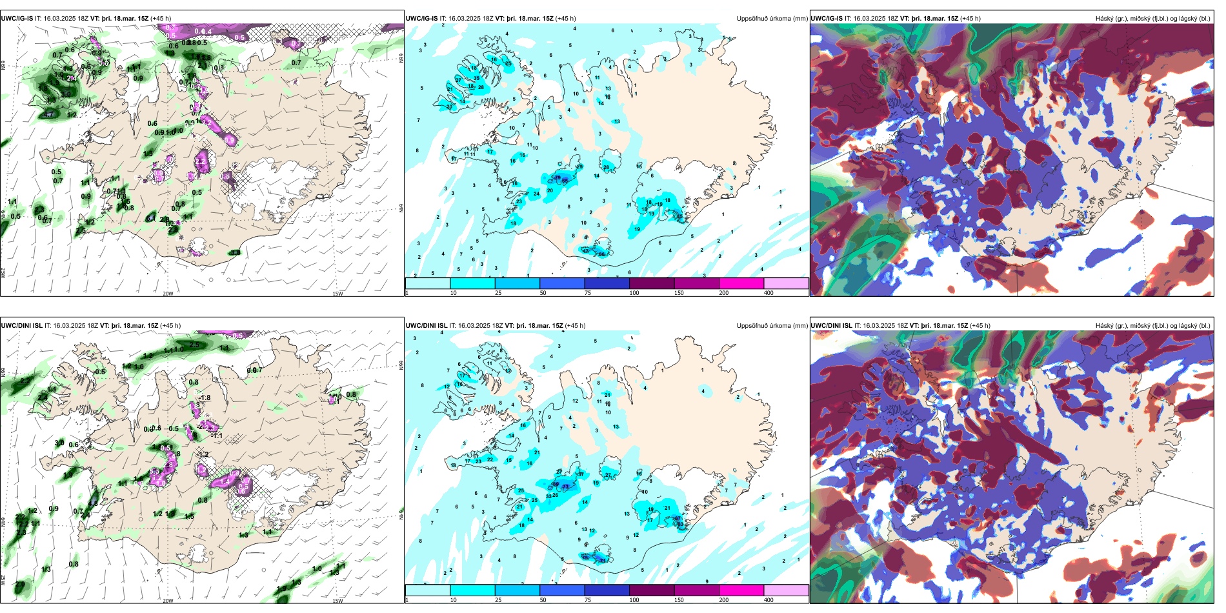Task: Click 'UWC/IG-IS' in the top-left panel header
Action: click(17, 19)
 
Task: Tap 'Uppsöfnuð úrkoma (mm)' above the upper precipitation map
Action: click(772, 19)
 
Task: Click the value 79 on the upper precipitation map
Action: click(558, 177)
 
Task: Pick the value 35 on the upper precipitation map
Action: click(476, 78)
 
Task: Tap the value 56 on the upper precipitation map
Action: click(601, 254)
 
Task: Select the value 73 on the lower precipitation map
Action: click(566, 487)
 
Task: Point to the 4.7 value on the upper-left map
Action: click(48, 115)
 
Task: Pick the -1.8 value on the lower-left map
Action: click(205, 398)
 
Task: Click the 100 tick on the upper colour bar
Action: click(634, 293)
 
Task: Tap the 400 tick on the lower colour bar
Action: click(769, 600)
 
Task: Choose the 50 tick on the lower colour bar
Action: click(543, 600)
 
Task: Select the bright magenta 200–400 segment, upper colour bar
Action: click(741, 283)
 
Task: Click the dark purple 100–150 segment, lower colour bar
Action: click(652, 590)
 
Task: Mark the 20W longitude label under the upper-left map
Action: click(168, 294)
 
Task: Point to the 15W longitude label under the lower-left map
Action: click(337, 601)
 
